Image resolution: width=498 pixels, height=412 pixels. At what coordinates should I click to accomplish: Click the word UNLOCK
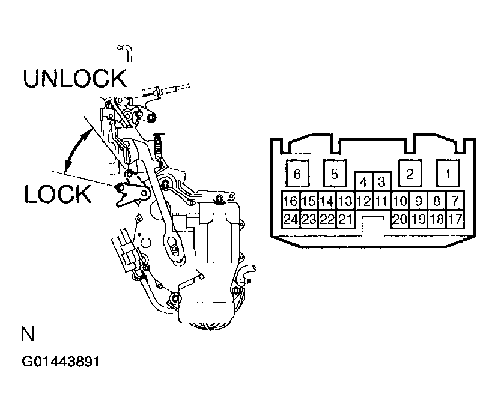pos(75,78)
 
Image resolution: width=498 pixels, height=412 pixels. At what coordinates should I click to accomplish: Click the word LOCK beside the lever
pos(58,193)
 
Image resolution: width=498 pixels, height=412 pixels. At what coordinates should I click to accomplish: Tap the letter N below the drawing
pos(28,333)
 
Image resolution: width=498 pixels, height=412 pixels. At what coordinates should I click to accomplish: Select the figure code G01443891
pos(60,362)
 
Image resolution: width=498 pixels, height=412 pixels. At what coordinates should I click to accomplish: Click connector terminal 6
pos(297,174)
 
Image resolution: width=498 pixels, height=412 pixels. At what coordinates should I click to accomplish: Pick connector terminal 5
pos(335,174)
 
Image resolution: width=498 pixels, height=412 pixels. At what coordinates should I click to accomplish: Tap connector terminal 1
pos(448,174)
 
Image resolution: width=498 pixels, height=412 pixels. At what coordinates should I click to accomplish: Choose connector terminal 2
pos(410,174)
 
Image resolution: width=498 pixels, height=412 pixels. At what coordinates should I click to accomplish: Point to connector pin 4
pos(363,181)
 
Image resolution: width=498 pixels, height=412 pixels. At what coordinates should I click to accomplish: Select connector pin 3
pos(382,181)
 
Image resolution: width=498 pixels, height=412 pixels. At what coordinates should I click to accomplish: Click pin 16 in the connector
pos(291,200)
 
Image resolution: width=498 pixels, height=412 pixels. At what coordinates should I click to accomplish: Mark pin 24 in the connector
pos(291,219)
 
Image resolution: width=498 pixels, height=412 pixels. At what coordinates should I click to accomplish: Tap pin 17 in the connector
pos(455,219)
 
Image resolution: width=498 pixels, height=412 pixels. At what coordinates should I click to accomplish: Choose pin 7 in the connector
pos(455,200)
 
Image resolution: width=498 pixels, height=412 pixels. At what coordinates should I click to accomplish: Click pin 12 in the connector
pos(364,200)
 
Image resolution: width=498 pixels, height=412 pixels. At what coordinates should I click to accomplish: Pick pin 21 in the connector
pos(345,219)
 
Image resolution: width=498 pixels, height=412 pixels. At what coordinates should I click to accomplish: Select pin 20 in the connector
pos(400,219)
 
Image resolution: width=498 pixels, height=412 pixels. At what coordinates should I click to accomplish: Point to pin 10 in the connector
pos(400,200)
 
